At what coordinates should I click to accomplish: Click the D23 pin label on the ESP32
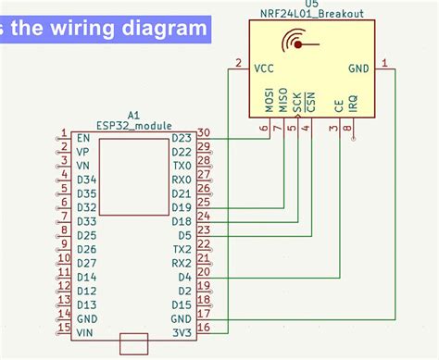click(x=182, y=138)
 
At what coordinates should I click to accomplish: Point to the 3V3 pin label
click(x=182, y=331)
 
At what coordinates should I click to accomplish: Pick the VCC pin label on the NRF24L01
click(x=265, y=68)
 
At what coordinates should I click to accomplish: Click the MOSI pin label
click(x=270, y=100)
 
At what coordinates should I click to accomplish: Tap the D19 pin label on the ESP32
click(x=182, y=207)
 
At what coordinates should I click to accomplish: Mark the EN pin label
click(x=83, y=138)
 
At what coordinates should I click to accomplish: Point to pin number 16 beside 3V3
click(x=204, y=327)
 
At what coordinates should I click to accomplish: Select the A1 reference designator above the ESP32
click(x=133, y=112)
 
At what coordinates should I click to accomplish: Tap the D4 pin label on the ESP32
click(x=184, y=277)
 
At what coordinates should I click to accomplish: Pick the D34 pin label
click(x=86, y=180)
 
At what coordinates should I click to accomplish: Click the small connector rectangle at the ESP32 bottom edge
click(x=134, y=343)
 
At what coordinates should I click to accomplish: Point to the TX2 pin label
click(x=182, y=249)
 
